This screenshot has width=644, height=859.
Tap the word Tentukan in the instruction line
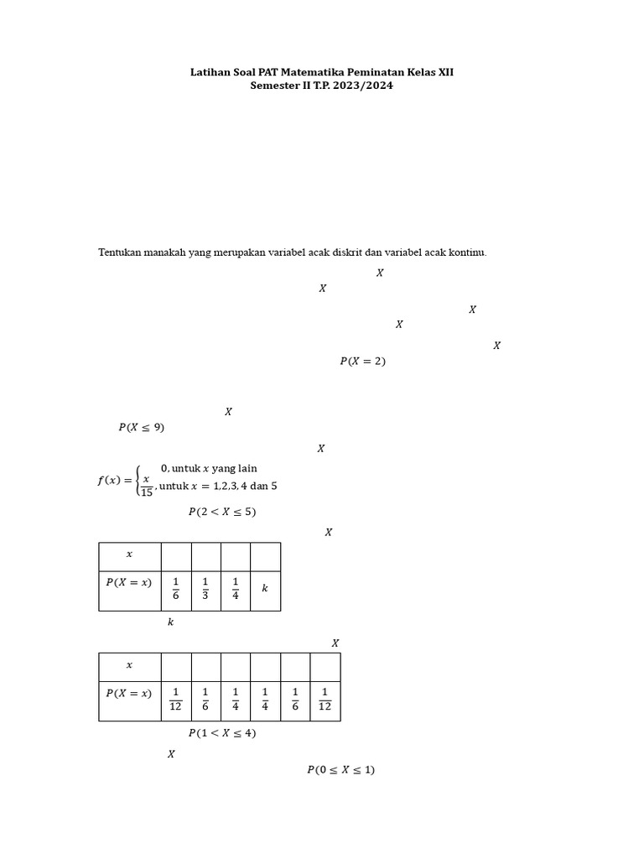pos(120,252)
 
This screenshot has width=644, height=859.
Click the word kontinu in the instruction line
pos(468,252)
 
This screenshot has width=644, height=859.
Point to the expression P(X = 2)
pos(362,362)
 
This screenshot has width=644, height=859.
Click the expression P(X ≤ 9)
pos(142,427)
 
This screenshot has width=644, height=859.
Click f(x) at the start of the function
pos(110,481)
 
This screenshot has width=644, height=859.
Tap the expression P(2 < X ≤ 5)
pos(222,512)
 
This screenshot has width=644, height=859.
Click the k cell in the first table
pos(265,589)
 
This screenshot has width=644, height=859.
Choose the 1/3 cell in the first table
pos(205,589)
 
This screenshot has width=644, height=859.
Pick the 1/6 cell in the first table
pos(176,589)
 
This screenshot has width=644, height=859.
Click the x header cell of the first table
pos(129,554)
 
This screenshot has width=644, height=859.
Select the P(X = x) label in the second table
pos(129,693)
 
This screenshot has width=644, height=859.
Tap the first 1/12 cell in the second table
pos(176,699)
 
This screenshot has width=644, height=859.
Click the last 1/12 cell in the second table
pos(325,699)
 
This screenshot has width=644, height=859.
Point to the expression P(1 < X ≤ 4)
pos(222,733)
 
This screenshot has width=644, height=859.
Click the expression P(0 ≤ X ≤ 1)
pos(340,770)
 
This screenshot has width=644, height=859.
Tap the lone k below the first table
pos(170,622)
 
